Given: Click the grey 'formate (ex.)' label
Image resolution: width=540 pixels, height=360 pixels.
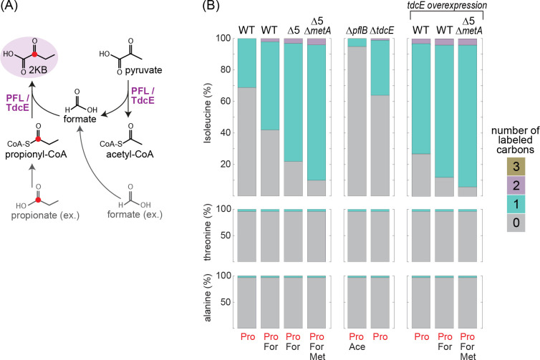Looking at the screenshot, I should point(150,213).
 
